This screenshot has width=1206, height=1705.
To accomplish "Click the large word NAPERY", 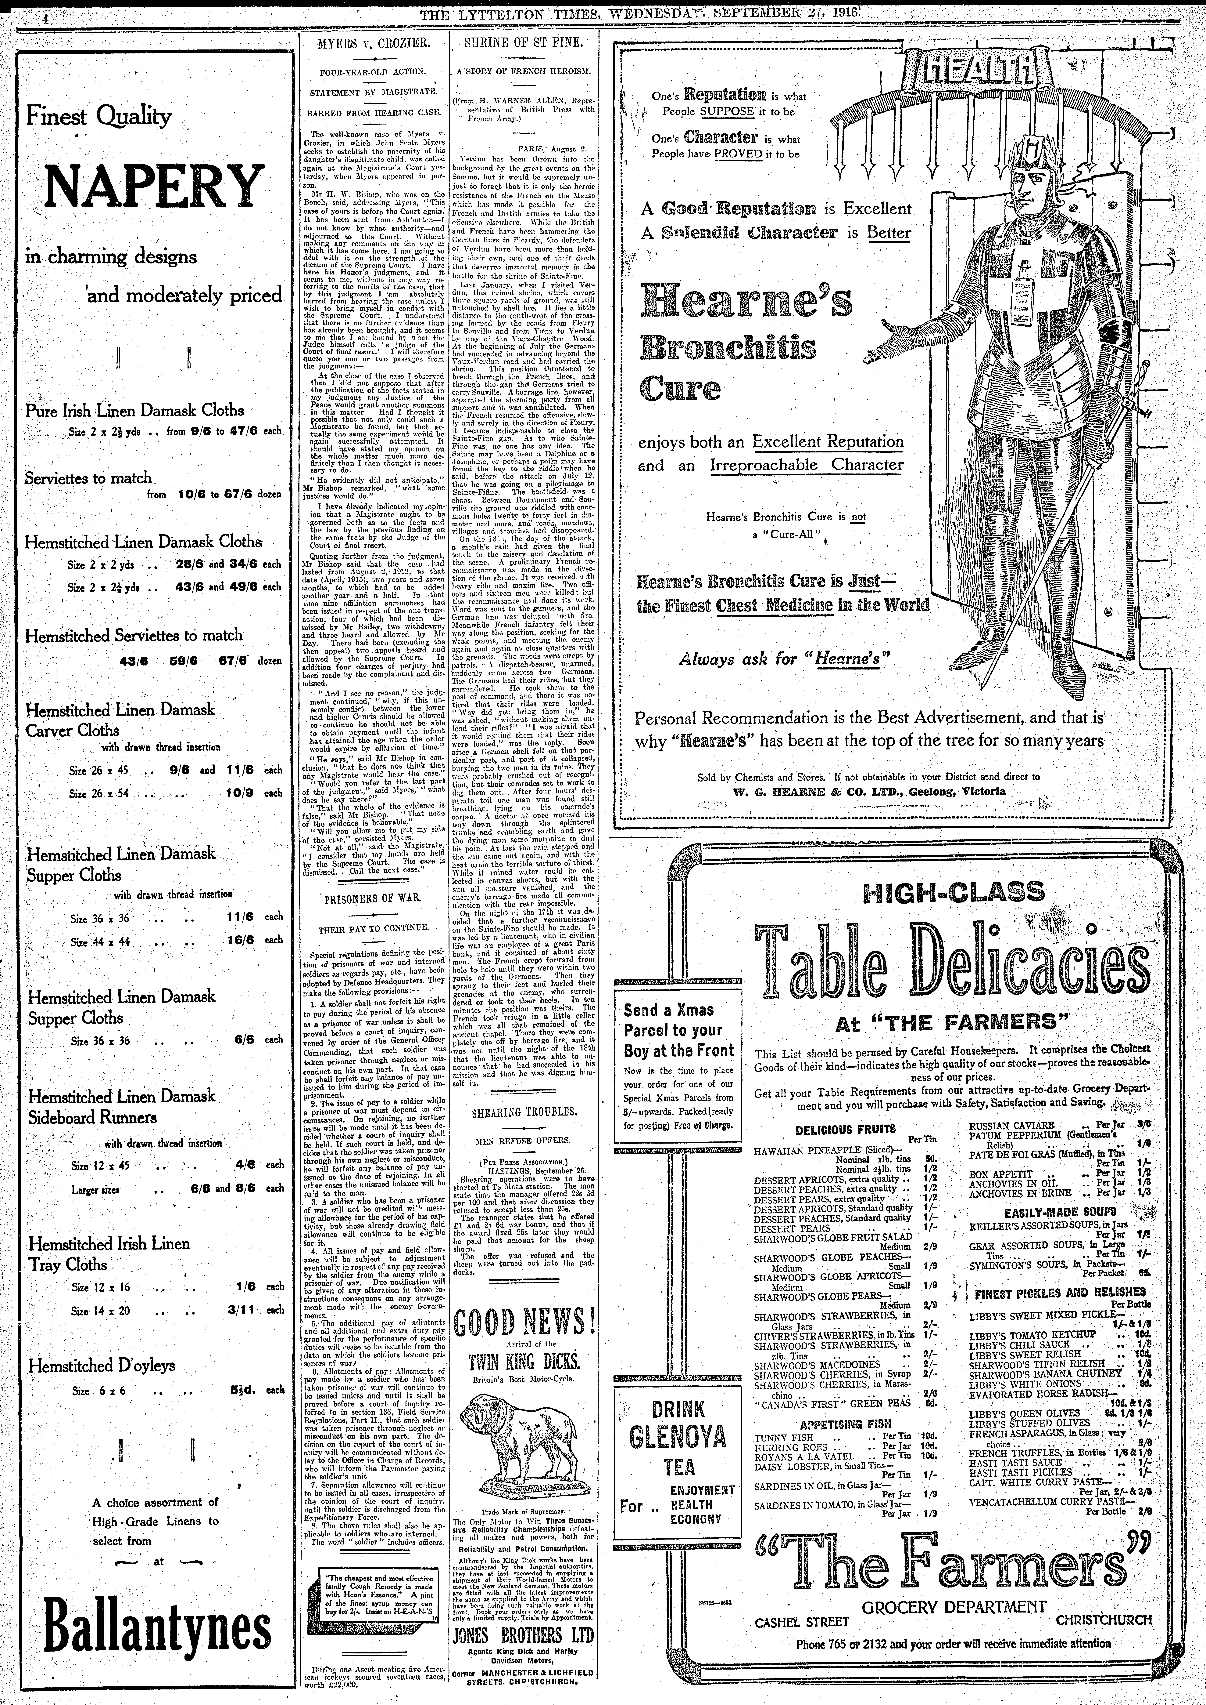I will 154,187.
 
